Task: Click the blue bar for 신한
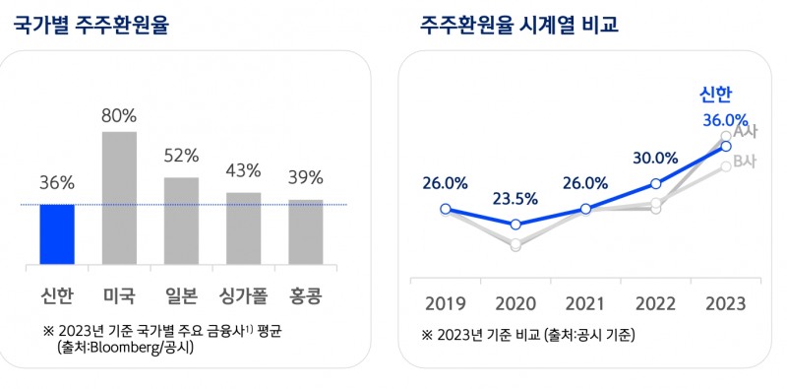(57, 233)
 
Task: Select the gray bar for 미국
(119, 197)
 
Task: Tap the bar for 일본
(181, 220)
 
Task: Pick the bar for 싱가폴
(243, 227)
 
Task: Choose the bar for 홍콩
(305, 231)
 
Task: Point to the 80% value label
(119, 115)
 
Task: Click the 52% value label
(181, 156)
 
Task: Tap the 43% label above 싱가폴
(243, 170)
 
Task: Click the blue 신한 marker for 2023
(725, 146)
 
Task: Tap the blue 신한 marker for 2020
(515, 225)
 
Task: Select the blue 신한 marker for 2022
(655, 184)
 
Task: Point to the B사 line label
(745, 162)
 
